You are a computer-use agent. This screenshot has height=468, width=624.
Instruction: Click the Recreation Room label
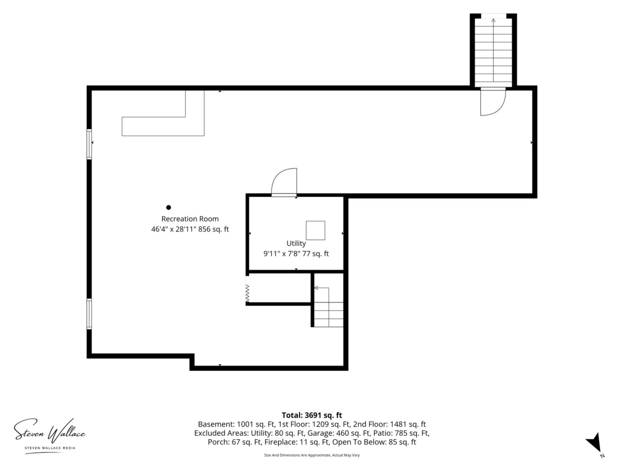(x=190, y=219)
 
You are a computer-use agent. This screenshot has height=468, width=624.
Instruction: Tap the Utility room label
(x=296, y=243)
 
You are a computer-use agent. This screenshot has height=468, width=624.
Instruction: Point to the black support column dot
(x=169, y=208)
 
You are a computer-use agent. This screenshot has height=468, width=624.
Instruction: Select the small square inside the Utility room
(x=315, y=231)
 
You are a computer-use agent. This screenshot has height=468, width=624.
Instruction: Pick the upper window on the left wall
(x=89, y=144)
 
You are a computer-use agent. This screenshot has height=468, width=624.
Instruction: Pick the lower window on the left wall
(x=89, y=314)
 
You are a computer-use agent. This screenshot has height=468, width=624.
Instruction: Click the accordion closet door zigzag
(x=247, y=293)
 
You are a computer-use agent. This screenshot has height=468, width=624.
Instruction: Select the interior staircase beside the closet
(x=329, y=308)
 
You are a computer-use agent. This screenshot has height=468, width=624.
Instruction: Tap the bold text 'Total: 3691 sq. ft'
(x=312, y=415)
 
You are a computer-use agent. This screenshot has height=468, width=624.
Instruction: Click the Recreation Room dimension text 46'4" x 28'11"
(x=174, y=229)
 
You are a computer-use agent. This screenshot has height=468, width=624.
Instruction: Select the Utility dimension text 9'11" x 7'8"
(x=282, y=254)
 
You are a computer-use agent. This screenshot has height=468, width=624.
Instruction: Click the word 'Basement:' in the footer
(x=216, y=424)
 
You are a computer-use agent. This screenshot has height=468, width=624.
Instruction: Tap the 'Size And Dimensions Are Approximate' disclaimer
(x=312, y=455)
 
